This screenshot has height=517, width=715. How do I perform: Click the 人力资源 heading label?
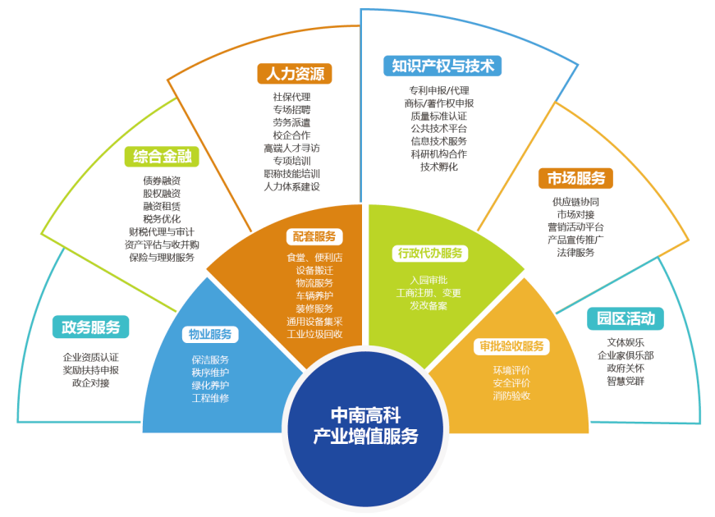coord(295,73)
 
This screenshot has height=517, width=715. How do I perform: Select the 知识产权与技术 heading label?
coord(442,66)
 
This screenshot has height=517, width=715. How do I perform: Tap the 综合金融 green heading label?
coord(162,157)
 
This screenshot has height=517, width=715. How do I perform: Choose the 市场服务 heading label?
coord(576,178)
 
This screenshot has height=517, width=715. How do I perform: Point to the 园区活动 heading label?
coord(626,318)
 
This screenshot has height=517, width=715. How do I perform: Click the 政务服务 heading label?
coord(91,327)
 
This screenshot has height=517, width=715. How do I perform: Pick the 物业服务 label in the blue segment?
coord(210,334)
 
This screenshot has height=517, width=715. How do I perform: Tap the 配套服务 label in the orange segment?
coord(314,236)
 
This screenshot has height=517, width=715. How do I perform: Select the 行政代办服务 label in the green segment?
coord(430,253)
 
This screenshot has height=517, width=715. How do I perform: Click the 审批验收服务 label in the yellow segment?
coord(511,346)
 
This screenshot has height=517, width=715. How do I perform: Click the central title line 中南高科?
coord(365,415)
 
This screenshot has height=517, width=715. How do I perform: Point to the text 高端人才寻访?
coord(292,149)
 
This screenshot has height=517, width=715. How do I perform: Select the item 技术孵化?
coord(439,167)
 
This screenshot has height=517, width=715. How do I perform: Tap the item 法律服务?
coord(575,252)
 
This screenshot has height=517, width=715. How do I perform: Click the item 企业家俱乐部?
coord(626,355)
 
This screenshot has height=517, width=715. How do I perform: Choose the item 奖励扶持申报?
coord(91,370)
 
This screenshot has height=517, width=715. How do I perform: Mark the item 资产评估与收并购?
coord(162,245)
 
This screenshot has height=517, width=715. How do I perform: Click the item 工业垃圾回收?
coord(314,334)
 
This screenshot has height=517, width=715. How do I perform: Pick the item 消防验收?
coord(511,396)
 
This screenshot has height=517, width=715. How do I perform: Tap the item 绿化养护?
coord(210,385)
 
